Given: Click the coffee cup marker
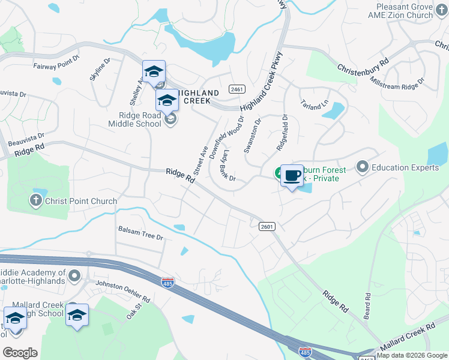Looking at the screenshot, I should click(x=292, y=176).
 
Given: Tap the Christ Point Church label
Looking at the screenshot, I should click(x=81, y=201).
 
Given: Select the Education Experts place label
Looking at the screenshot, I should click(x=405, y=167).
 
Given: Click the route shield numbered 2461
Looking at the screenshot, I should click(x=237, y=89).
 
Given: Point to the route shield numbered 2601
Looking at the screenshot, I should click(x=267, y=226).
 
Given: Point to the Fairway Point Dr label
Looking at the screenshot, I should click(x=56, y=66).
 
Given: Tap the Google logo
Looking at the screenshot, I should click(x=20, y=352).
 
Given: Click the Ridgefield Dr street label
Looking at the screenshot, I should click(x=282, y=133).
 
